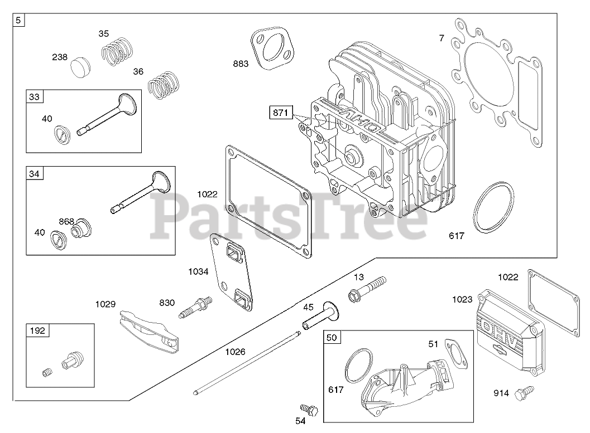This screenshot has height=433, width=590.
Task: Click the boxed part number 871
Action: [280, 113]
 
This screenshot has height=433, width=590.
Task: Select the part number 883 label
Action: [241, 64]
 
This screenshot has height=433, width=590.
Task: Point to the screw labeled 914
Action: [524, 394]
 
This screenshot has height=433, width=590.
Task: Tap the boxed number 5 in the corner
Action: [19, 21]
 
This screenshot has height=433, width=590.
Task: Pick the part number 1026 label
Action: [235, 352]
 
